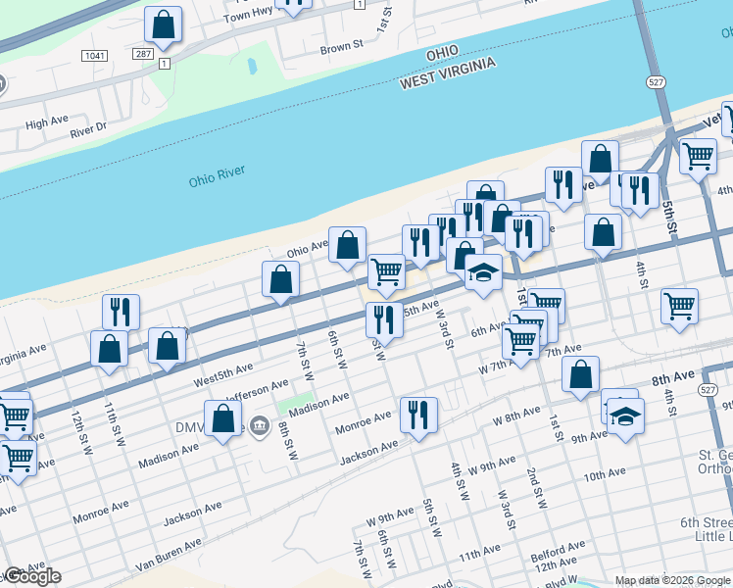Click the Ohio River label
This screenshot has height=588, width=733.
point(217,176)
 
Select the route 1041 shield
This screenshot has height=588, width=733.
point(94,56)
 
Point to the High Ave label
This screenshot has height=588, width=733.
point(47,122)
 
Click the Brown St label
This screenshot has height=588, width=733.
point(341,46)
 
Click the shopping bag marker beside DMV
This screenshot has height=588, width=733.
point(223,418)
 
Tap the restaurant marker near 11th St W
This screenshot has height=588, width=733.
point(121,311)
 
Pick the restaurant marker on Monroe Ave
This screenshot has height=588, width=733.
point(418,414)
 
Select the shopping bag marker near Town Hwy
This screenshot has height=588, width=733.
point(164,25)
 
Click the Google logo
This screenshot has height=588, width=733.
point(32,577)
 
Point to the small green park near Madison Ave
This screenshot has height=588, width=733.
point(289,405)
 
